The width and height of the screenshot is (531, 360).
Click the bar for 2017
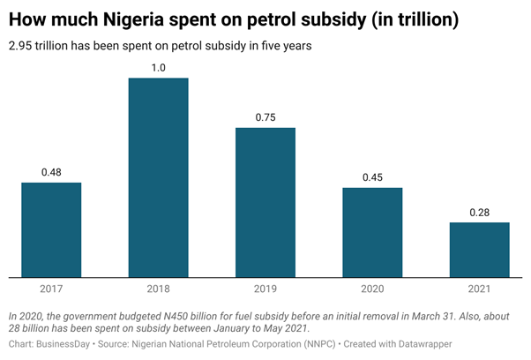pos(51,229)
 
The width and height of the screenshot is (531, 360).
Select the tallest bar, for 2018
pos(159,177)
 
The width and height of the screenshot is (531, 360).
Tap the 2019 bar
pos(265,202)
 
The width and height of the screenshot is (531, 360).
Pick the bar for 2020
pos(372,232)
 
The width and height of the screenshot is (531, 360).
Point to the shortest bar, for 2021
pos(480,249)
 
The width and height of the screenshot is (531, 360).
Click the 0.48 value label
pos(51,171)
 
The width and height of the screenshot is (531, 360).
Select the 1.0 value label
pos(159,67)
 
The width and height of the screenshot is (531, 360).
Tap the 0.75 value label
pos(265,116)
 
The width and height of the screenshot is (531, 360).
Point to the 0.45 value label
pos(372,176)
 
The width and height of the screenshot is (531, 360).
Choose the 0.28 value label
pos(480,211)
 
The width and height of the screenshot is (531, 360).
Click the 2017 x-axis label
pos(51,288)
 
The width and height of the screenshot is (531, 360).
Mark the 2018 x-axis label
pos(159,288)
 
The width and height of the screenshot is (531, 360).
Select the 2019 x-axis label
pos(265,288)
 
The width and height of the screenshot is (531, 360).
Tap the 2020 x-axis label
pos(372,288)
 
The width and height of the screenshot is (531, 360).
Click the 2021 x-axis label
pos(480,288)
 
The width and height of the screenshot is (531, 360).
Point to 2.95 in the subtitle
pos(21,46)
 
